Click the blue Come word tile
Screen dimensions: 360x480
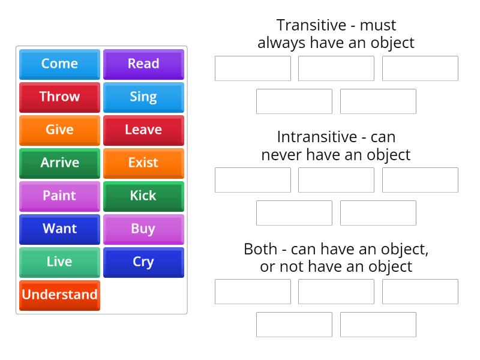tap(59, 64)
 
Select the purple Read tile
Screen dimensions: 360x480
tap(143, 64)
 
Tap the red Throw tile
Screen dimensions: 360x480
tap(59, 97)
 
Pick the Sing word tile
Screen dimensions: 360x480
tap(143, 97)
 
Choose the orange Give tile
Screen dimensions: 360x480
tap(59, 130)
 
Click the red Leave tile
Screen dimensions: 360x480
tap(143, 130)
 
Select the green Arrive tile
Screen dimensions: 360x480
tap(59, 163)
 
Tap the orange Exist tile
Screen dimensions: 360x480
tap(143, 163)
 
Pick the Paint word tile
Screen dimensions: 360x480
tap(59, 196)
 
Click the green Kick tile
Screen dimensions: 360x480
tap(143, 196)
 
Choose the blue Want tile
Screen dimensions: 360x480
tap(59, 229)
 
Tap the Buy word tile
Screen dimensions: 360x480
tap(143, 229)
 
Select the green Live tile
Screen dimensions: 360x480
tap(59, 262)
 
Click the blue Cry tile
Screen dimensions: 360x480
tap(143, 262)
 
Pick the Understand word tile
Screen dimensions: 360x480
tap(59, 295)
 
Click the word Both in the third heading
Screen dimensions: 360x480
tap(260, 249)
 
